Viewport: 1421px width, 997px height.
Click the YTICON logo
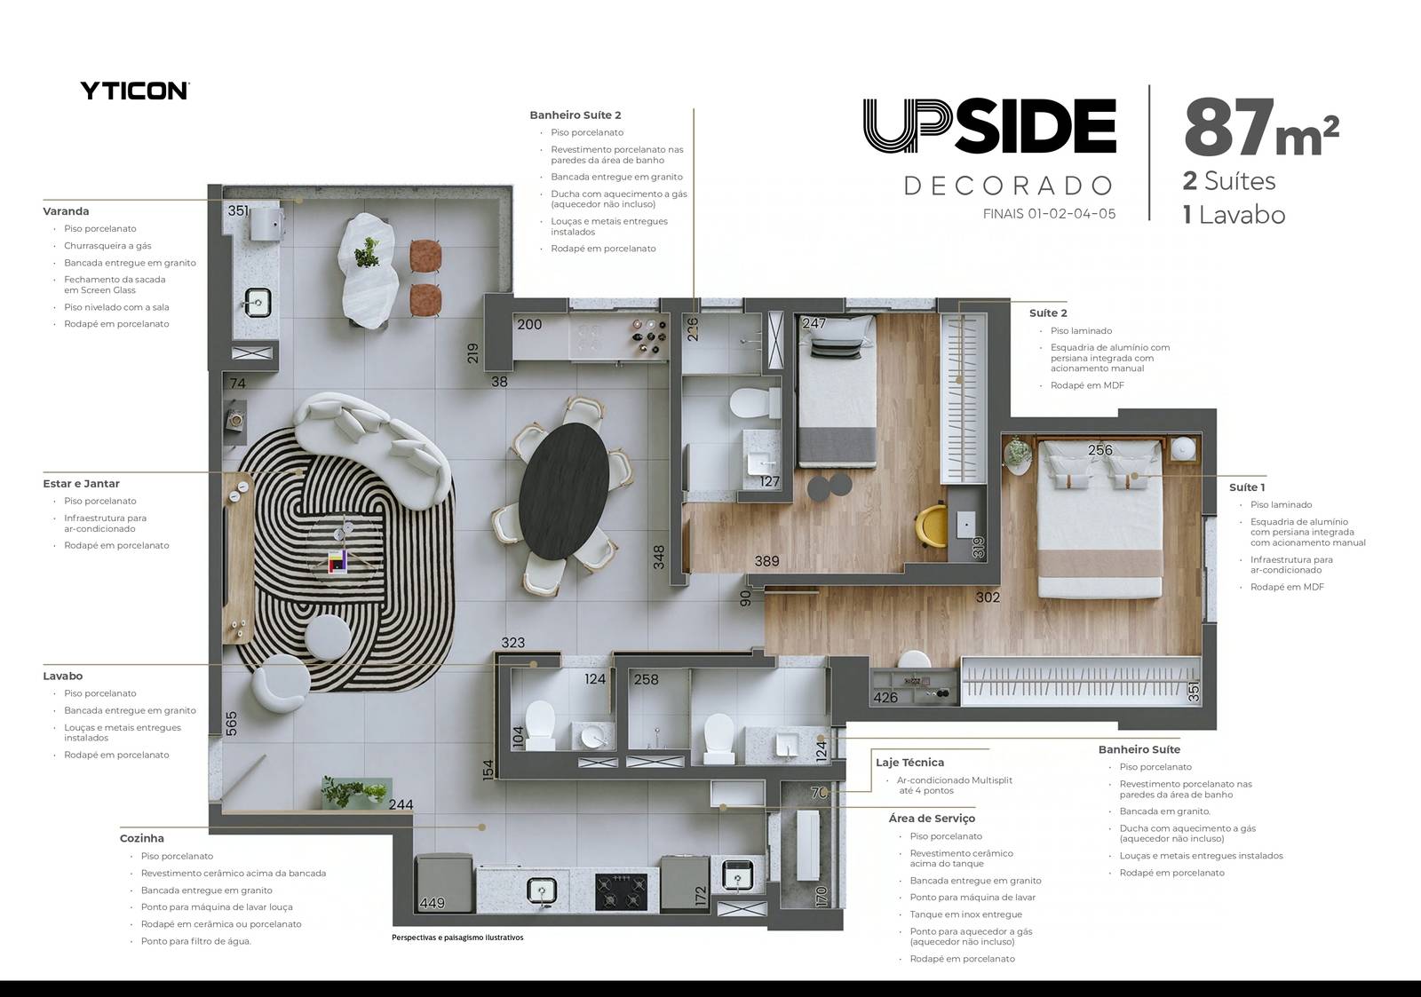coord(134,91)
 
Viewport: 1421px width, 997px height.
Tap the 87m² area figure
coord(1261,128)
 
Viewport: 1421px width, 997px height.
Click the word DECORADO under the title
coord(1008,186)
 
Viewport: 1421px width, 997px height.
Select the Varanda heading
coord(66,211)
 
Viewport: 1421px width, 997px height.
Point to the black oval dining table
coord(563,491)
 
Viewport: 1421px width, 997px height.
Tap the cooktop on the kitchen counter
coord(621,891)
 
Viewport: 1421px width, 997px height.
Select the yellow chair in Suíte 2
coord(931,526)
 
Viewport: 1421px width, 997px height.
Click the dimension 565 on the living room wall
coord(232,724)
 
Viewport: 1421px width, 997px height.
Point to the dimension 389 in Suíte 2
coord(766,561)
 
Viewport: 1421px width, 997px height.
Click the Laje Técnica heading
coord(909,763)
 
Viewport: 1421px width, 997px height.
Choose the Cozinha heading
coord(141,838)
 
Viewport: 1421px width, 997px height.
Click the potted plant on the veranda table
coord(367,252)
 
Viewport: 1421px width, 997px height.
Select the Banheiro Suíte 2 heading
coord(576,115)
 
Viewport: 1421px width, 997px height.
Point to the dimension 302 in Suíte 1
coord(988,597)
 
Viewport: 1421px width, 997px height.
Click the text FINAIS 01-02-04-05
coord(1049,214)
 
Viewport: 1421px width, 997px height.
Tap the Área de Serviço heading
coord(932,819)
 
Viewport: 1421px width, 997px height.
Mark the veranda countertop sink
coord(258,303)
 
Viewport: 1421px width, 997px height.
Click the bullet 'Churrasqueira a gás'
coord(107,245)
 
